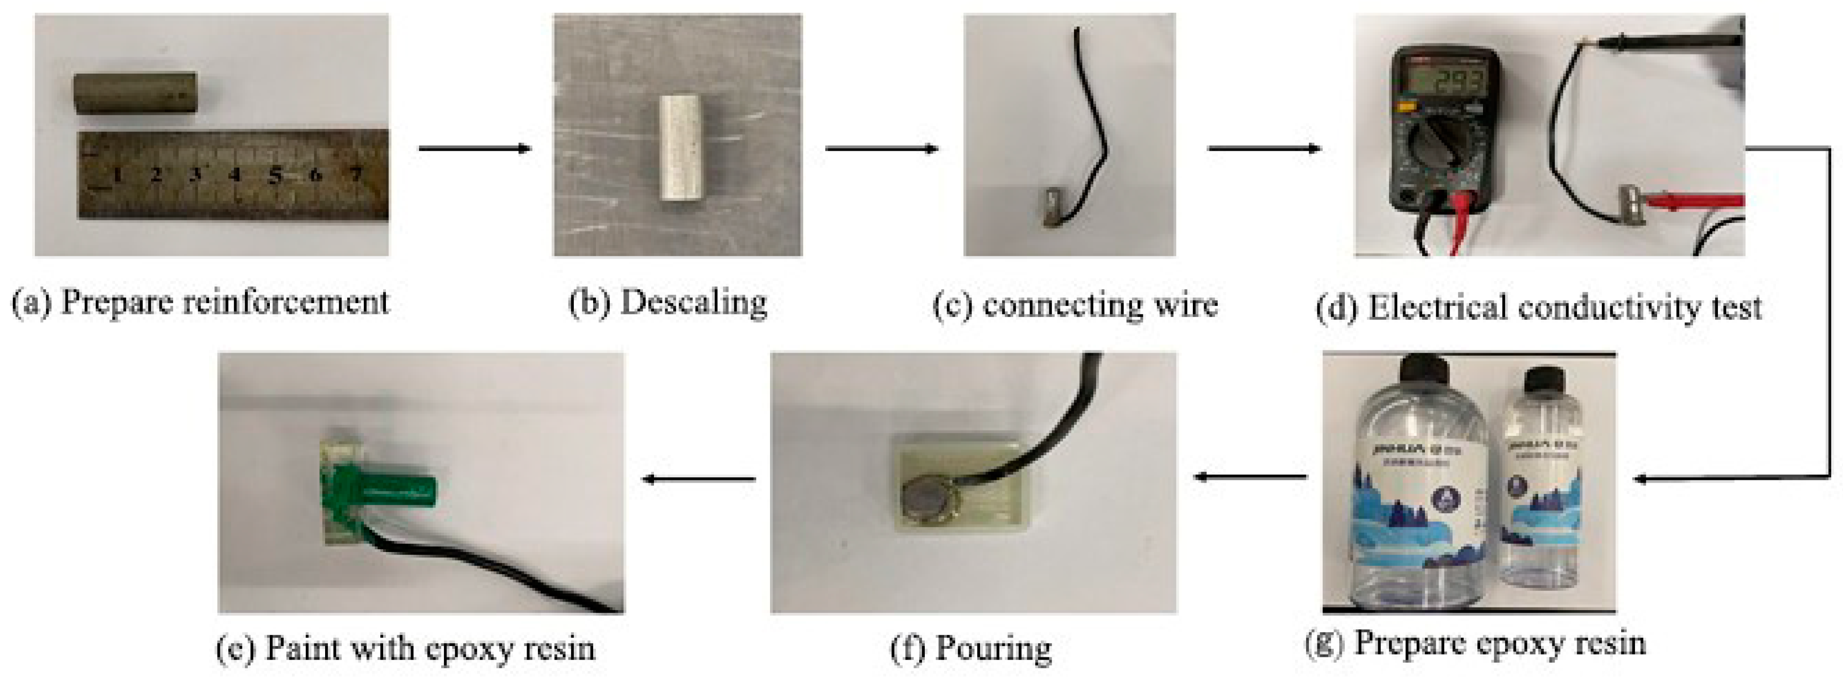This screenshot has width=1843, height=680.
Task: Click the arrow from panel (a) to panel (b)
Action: (474, 149)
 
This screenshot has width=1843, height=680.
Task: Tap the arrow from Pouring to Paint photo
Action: (700, 479)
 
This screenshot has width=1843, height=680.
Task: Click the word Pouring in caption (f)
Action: (993, 648)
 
